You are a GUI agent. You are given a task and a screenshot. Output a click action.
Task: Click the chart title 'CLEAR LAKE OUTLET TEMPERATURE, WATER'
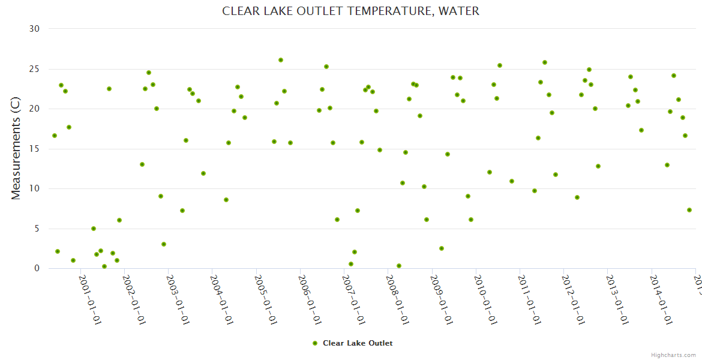(350, 11)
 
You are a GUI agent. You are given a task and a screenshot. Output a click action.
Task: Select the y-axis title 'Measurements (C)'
(16, 148)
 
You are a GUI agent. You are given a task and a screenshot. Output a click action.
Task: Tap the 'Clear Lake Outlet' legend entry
(358, 343)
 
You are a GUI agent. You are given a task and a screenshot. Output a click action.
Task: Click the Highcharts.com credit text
(674, 355)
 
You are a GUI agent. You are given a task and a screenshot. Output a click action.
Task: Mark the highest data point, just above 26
(281, 60)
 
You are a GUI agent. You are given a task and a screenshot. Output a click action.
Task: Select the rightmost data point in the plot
(689, 210)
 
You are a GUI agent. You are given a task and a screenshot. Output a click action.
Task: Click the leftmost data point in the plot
(55, 136)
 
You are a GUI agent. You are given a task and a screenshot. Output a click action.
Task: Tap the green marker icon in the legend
(315, 343)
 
